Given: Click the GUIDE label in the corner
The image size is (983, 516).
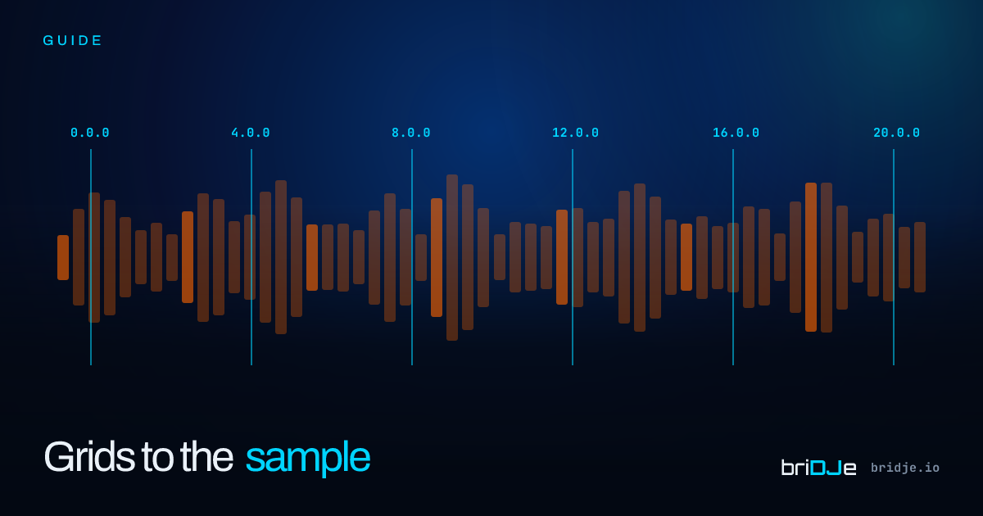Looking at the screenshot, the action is [72, 41].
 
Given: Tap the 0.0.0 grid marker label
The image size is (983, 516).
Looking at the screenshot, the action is [90, 133].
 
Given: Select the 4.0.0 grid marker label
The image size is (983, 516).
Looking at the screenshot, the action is [251, 133].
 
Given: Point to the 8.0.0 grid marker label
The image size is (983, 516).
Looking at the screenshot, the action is [411, 133].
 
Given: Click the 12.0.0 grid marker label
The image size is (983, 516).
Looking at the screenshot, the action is [575, 133].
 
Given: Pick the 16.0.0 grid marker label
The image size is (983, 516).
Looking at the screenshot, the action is [736, 133].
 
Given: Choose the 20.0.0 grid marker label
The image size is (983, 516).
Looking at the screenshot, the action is [896, 133].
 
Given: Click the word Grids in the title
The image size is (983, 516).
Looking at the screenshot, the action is [89, 457].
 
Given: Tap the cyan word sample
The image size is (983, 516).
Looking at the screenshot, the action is [308, 459].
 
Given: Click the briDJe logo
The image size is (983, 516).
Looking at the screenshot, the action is [818, 468].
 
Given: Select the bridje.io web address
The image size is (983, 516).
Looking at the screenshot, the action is [905, 468].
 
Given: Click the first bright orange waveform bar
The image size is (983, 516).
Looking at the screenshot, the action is [63, 257].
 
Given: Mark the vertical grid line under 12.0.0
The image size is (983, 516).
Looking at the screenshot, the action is [573, 257].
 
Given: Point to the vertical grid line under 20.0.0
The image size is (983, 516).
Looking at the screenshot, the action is [894, 257].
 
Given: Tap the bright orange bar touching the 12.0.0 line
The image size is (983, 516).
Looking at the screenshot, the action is [562, 257].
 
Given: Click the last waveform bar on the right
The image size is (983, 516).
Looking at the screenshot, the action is [920, 257].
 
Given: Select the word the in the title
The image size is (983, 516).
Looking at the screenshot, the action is [206, 457].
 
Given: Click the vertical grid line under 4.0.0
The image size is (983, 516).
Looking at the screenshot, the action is [251, 257].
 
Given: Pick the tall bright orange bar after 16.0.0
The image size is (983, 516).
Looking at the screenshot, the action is [811, 257].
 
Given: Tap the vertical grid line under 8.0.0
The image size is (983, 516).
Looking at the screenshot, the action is [412, 257].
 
